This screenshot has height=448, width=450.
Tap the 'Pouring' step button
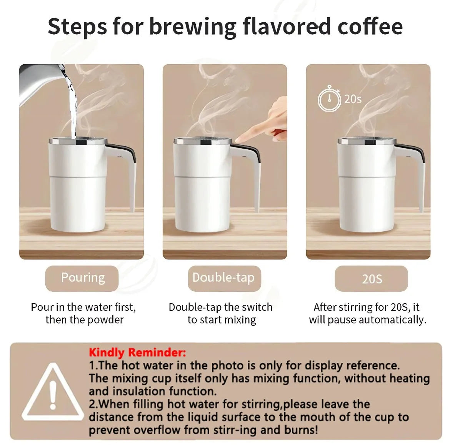pos(82,278)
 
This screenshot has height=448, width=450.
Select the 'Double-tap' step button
pos(224,278)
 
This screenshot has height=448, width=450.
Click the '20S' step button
pos(372,279)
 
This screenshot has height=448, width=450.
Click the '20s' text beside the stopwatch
pos(353,99)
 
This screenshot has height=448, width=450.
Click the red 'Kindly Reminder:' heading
pos(137,352)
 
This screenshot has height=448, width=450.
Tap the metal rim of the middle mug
pos(203,141)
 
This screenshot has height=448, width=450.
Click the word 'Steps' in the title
pos(77,27)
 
